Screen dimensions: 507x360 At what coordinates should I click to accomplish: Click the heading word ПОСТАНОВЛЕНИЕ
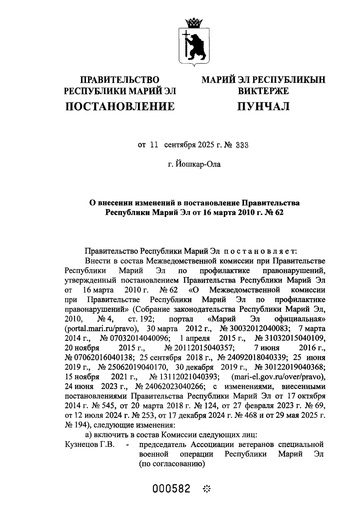[x=120, y=106]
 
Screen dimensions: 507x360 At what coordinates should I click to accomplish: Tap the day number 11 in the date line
[x=154, y=145]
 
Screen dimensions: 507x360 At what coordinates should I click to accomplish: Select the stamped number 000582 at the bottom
[x=172, y=489]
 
